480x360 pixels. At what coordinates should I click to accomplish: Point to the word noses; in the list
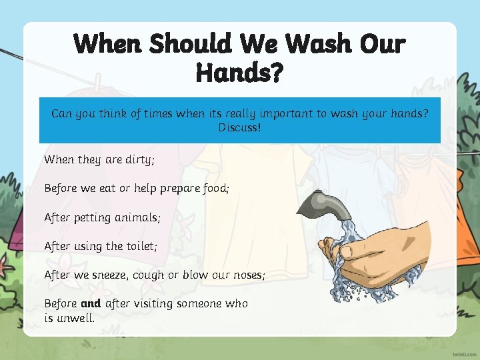coord(249,275)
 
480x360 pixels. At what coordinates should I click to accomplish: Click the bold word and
coord(91,303)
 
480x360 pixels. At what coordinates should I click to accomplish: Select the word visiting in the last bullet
coord(159,303)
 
